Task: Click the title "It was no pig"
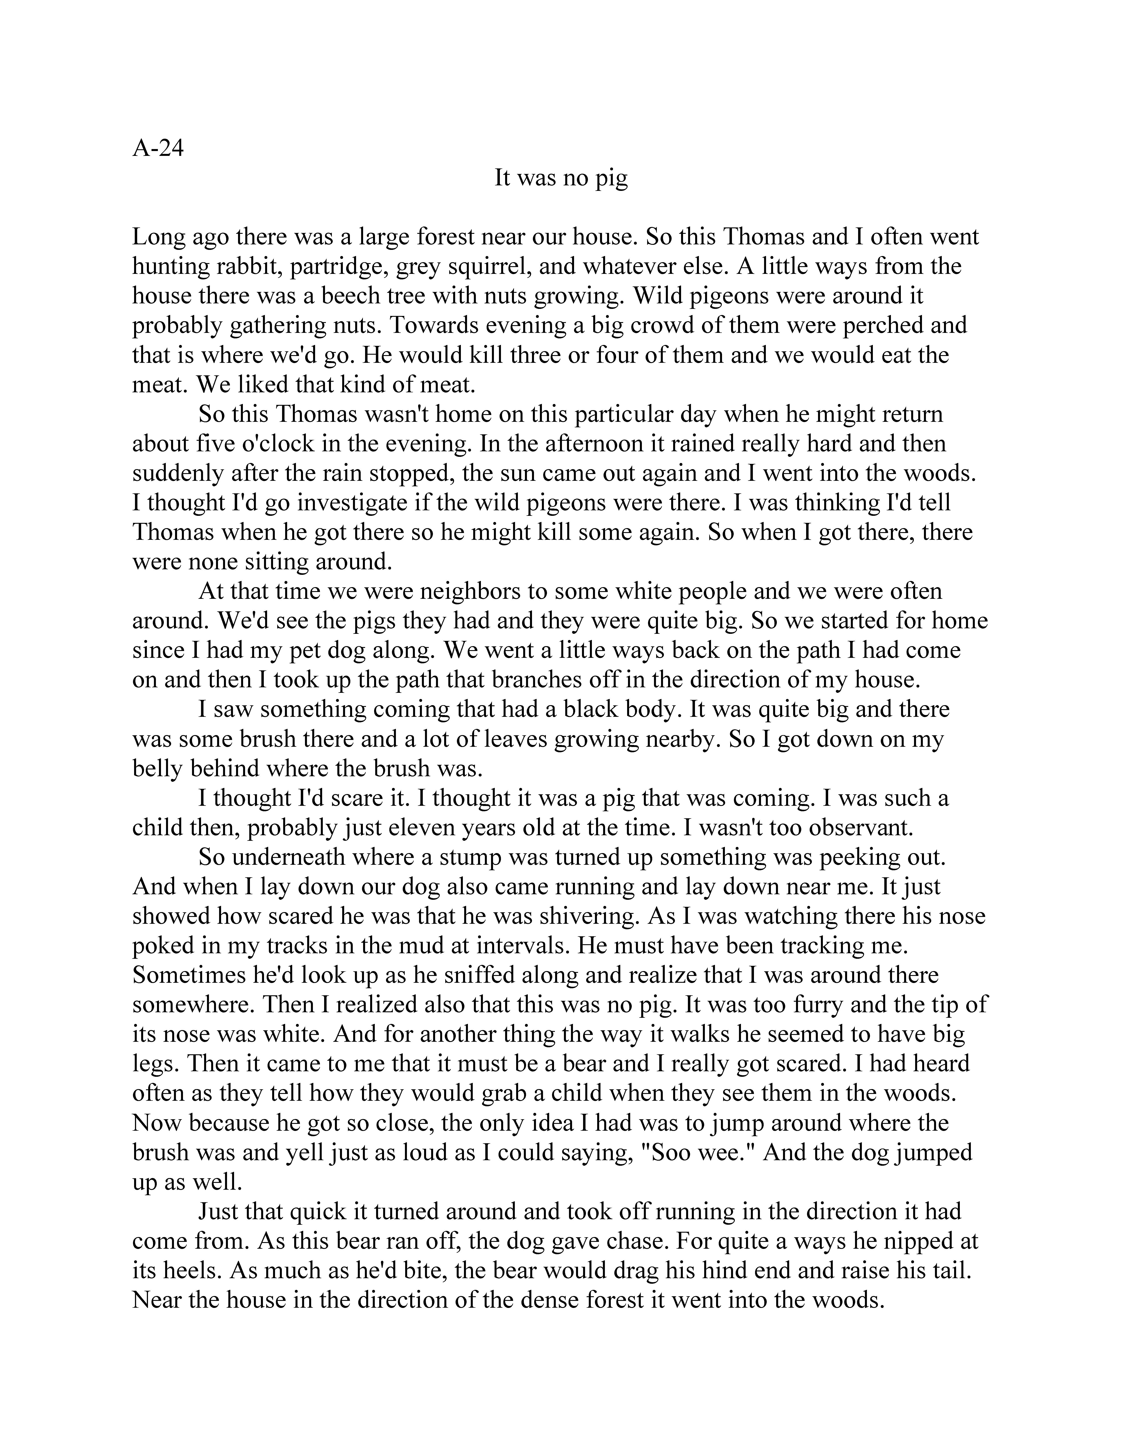pos(561,178)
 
